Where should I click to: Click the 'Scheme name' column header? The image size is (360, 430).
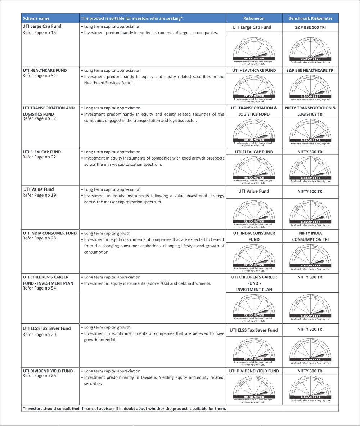click(x=36, y=18)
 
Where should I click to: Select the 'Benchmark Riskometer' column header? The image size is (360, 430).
click(x=310, y=18)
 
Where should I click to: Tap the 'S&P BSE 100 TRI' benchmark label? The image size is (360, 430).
click(x=310, y=27)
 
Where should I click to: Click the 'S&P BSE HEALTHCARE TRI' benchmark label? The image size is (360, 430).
click(x=310, y=71)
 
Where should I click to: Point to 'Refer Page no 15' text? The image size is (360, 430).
click(x=39, y=33)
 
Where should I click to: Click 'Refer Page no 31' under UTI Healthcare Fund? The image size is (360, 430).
click(x=39, y=76)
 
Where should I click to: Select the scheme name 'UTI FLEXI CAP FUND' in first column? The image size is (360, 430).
click(x=42, y=152)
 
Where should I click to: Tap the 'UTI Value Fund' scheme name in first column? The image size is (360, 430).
click(x=39, y=189)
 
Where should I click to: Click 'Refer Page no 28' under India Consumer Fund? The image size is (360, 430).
click(x=39, y=238)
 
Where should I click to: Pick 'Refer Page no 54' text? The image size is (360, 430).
click(x=39, y=288)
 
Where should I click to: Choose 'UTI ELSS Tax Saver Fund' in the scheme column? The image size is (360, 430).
click(x=47, y=328)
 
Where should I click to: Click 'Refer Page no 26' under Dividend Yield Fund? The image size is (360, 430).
click(x=39, y=376)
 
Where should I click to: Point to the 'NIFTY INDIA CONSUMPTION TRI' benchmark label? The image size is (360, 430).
click(x=310, y=236)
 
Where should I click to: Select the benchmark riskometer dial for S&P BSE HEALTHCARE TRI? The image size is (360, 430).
click(x=310, y=86)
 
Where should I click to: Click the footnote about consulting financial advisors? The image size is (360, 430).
click(x=125, y=408)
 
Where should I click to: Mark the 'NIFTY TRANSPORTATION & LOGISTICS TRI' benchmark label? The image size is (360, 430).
click(x=310, y=111)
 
